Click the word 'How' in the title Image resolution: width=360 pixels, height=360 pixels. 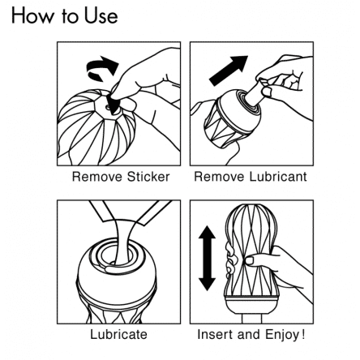pyautogui.click(x=32, y=16)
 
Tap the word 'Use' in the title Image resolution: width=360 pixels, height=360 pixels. pyautogui.click(x=101, y=16)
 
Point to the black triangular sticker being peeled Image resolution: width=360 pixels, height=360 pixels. pyautogui.click(x=114, y=103)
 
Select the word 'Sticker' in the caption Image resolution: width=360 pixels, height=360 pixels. pyautogui.click(x=148, y=177)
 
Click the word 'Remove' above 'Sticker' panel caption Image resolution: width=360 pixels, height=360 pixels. pyautogui.click(x=97, y=177)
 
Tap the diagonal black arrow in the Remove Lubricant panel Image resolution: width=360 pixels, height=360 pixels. pyautogui.click(x=229, y=71)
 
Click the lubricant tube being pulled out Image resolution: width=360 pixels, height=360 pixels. pyautogui.click(x=255, y=92)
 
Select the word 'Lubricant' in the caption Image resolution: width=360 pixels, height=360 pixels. pyautogui.click(x=278, y=177)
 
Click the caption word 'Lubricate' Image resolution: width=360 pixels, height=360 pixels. pyautogui.click(x=119, y=334)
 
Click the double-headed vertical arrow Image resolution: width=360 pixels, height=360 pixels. pyautogui.click(x=207, y=258)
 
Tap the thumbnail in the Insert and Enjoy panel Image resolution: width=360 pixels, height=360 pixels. pyautogui.click(x=249, y=261)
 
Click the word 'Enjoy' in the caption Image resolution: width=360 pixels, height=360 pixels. pyautogui.click(x=282, y=335)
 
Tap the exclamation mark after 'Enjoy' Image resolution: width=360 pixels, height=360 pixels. pyautogui.click(x=303, y=334)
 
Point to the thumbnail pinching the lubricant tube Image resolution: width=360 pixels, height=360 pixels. pyautogui.click(x=268, y=92)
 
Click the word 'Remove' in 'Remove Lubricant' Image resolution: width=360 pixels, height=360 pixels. pyautogui.click(x=219, y=177)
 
